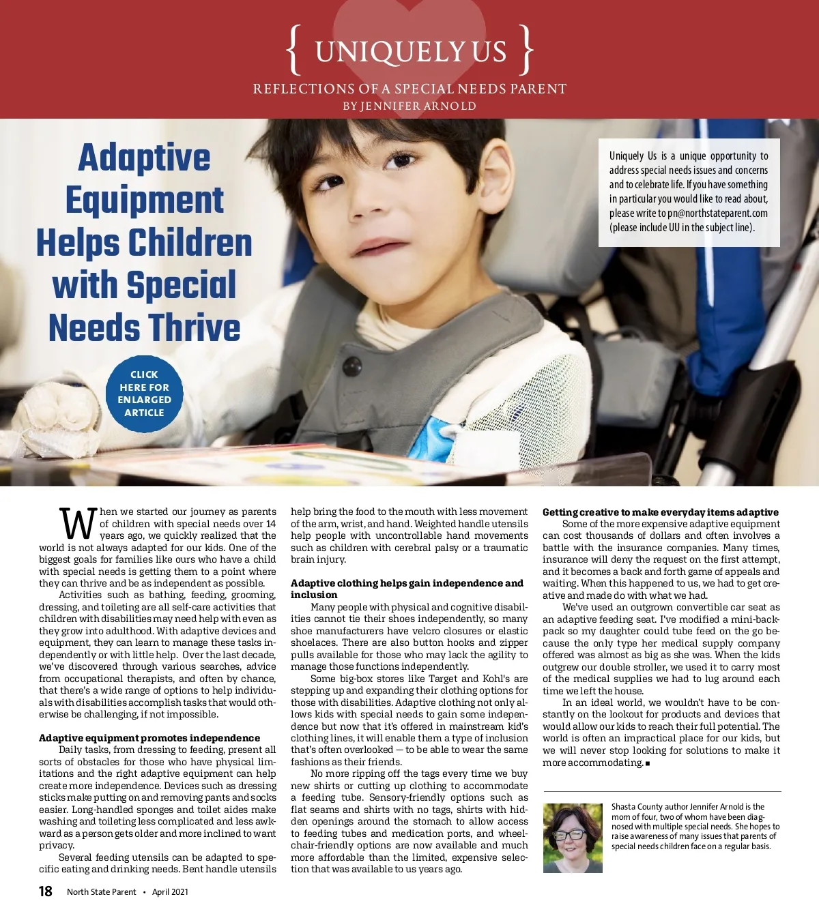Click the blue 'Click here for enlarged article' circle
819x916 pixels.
pyautogui.click(x=144, y=394)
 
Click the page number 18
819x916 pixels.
pyautogui.click(x=45, y=891)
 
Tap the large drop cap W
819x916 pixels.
pyautogui.click(x=78, y=525)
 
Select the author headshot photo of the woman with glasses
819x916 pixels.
pyautogui.click(x=573, y=838)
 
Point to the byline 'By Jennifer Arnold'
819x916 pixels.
pyautogui.click(x=409, y=106)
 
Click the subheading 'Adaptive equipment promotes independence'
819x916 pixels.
pyautogui.click(x=149, y=738)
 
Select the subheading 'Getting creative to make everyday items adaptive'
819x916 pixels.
pyautogui.click(x=660, y=512)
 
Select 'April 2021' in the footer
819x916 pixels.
pyautogui.click(x=170, y=892)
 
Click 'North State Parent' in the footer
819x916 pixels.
pyautogui.click(x=101, y=892)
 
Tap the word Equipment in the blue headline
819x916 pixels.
pyautogui.click(x=145, y=201)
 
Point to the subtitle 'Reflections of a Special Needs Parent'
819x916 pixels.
pyautogui.click(x=409, y=89)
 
